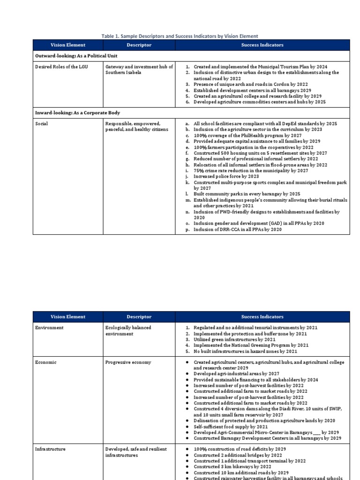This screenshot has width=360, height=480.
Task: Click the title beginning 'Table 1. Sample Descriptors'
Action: [x=180, y=36]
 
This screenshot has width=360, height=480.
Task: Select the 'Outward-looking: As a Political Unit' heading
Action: [x=77, y=56]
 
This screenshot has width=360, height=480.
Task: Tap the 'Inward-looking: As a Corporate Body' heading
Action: [x=77, y=113]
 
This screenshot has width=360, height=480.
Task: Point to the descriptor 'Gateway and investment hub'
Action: [x=139, y=70]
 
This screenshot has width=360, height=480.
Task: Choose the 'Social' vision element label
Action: [x=42, y=123]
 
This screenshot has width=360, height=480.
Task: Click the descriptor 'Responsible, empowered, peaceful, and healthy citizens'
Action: [x=136, y=126]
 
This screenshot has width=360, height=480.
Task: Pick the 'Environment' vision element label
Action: [x=49, y=328]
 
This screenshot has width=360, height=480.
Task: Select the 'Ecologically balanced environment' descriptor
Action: [x=128, y=330]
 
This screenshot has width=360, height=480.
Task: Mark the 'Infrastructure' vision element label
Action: [x=50, y=449]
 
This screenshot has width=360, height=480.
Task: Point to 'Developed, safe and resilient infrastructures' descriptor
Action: [x=136, y=452]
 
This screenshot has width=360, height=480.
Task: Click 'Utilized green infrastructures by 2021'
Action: [x=234, y=339]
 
